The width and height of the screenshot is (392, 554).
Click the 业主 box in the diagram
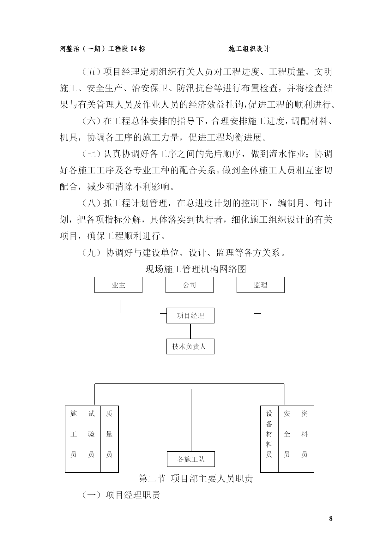pyautogui.click(x=118, y=285)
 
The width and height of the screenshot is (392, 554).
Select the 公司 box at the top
pyautogui.click(x=190, y=285)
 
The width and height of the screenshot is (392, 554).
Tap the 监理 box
pyautogui.click(x=261, y=285)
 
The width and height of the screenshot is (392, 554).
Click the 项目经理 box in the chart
pyautogui.click(x=190, y=316)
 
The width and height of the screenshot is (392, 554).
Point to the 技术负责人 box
pyautogui.click(x=190, y=346)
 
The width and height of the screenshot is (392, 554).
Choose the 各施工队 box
pyautogui.click(x=191, y=459)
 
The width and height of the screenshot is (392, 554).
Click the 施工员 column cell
pyautogui.click(x=74, y=439)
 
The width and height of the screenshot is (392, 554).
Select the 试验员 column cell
pyautogui.click(x=92, y=439)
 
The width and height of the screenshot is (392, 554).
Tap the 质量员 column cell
pyautogui.click(x=110, y=439)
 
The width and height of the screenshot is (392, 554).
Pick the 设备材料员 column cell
pyautogui.click(x=269, y=439)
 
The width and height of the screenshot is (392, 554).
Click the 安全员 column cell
pyautogui.click(x=287, y=439)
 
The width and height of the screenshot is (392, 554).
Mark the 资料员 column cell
pyautogui.click(x=305, y=439)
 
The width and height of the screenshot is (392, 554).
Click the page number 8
pyautogui.click(x=331, y=519)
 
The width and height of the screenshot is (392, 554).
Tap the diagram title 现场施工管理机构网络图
pyautogui.click(x=196, y=269)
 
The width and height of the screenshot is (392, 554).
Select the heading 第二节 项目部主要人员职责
pyautogui.click(x=196, y=479)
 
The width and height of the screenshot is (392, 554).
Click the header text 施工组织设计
pyautogui.click(x=249, y=49)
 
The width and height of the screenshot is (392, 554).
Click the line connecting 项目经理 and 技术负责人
pyautogui.click(x=190, y=331)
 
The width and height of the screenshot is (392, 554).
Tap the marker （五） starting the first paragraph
pyautogui.click(x=92, y=72)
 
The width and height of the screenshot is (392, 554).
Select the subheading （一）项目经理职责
pyautogui.click(x=121, y=495)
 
